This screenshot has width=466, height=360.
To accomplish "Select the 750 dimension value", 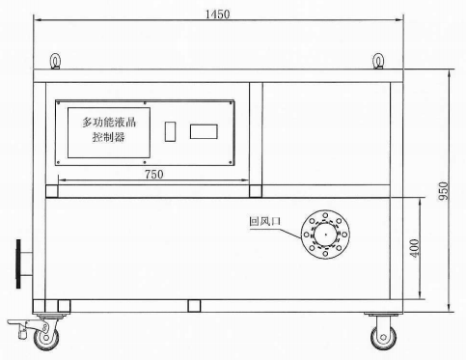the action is pos(153,174).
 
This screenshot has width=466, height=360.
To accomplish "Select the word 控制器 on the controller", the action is pos(108,139).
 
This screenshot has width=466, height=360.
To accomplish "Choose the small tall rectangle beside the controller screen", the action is pos(171,130).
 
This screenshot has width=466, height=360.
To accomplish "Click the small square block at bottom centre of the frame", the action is pos(194,305).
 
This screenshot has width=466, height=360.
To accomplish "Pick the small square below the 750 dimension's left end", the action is pos(52,191).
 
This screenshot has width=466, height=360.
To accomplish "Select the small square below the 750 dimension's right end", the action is pos(255,191).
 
